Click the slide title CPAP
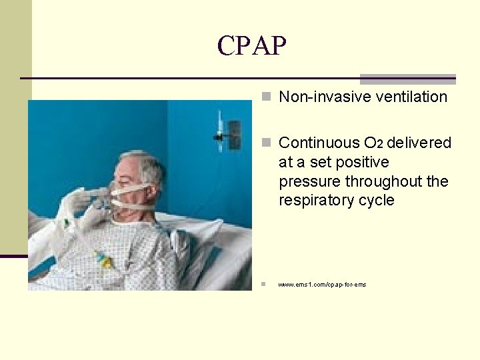[251, 45]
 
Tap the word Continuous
[319, 143]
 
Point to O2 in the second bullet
[373, 143]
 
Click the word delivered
[419, 143]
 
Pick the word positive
[363, 162]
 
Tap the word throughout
[383, 181]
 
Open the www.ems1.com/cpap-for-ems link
[322, 285]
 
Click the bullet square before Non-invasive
[266, 97]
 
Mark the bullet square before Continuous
[266, 143]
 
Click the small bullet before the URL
[264, 285]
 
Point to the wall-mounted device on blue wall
[233, 134]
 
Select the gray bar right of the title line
[407, 79]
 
